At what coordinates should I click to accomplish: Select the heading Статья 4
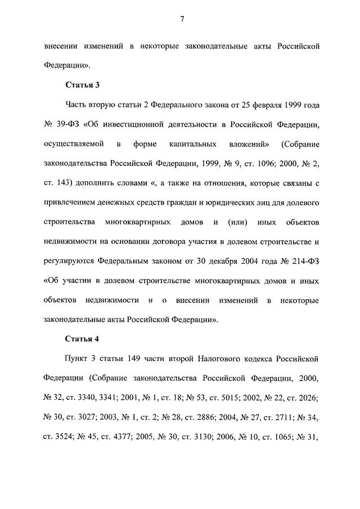click(83, 339)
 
